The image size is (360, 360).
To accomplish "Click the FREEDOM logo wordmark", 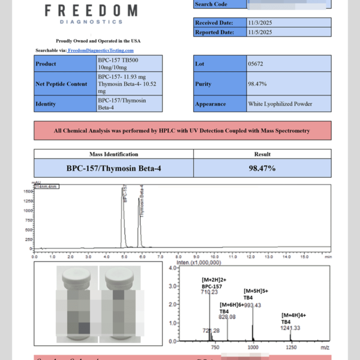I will tap(91, 11).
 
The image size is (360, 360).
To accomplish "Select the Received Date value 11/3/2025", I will tap(260, 23).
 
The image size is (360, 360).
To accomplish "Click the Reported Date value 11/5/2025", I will tap(260, 32).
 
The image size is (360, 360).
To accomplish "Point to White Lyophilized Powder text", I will tap(280, 104).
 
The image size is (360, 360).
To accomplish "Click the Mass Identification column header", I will tap(113, 154).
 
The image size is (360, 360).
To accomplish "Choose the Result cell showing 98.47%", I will tap(262, 169).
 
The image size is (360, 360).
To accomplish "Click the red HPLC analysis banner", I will tap(182, 130).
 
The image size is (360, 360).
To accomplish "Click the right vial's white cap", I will tap(116, 276).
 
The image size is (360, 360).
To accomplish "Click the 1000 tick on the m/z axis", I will tap(253, 347).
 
